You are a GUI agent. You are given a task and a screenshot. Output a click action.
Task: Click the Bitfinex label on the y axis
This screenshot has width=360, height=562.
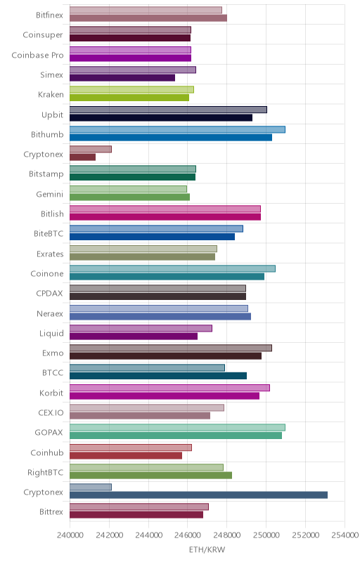tap(49, 15)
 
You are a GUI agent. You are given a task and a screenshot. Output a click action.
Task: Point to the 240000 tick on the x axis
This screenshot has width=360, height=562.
tap(70, 535)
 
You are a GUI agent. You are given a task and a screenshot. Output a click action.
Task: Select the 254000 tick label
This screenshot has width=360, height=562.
tap(345, 535)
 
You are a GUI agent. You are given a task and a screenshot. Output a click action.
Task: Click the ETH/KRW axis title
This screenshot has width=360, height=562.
tap(207, 550)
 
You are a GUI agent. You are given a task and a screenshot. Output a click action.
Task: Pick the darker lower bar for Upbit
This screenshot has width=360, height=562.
tap(161, 117)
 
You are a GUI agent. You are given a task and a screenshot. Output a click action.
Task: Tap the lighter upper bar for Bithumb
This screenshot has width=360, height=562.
tap(177, 129)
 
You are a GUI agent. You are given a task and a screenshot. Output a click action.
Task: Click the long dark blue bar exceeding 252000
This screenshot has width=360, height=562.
tap(199, 495)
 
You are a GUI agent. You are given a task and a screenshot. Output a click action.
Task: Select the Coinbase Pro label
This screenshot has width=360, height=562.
tap(37, 55)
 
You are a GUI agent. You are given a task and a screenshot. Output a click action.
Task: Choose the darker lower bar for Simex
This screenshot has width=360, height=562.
tap(122, 78)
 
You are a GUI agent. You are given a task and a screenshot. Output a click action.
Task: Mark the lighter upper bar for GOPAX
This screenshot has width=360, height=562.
tap(177, 427)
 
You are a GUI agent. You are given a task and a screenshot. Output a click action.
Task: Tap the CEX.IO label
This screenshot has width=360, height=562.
tap(51, 412)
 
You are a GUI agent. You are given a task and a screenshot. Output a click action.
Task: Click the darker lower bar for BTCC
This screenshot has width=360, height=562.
tap(158, 376)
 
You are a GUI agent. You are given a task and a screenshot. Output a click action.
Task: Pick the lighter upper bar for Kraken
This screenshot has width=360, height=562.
tap(131, 90)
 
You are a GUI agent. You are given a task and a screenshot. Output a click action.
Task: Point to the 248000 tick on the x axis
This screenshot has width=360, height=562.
tap(226, 535)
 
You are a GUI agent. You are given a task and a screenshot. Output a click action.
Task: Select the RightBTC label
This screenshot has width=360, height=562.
tap(45, 472)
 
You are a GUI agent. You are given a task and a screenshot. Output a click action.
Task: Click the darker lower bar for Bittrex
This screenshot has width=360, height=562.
tap(136, 515)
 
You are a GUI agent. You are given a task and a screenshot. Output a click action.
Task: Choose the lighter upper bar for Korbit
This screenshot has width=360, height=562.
tap(169, 388)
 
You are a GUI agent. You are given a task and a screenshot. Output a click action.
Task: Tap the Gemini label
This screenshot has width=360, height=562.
tap(49, 195)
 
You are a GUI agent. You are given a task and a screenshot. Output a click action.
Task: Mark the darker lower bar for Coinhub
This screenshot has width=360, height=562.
tap(126, 455)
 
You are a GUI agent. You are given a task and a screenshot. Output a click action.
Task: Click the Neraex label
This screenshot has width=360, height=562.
tap(50, 313)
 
